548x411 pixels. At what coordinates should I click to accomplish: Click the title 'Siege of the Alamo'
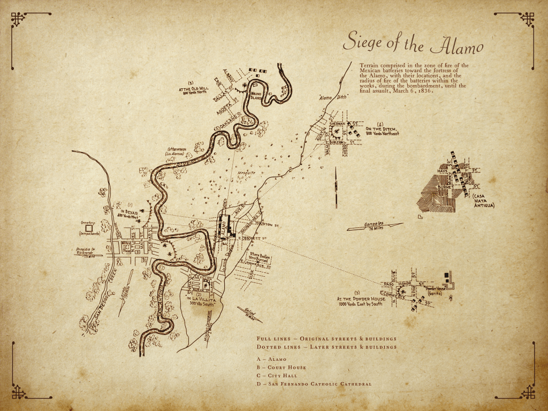[413, 43]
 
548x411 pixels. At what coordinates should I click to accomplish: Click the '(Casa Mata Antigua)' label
[483, 201]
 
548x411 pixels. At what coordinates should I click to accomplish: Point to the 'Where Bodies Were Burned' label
[262, 257]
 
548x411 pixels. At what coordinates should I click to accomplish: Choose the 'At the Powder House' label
[357, 301]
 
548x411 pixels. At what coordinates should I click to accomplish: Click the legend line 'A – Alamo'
[271, 359]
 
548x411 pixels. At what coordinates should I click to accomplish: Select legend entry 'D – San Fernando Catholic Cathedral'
[314, 383]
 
